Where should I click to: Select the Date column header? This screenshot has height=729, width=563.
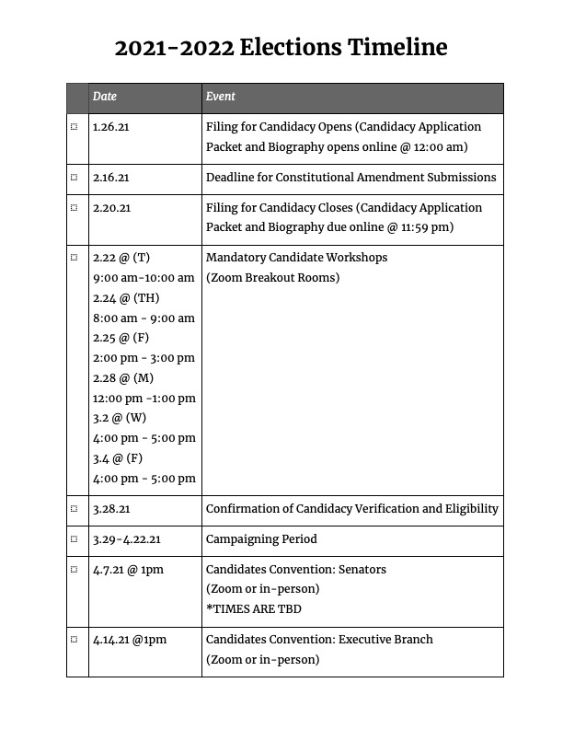tap(105, 97)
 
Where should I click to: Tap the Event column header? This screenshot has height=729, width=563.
tap(221, 97)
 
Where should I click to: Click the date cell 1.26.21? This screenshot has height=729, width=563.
tap(111, 127)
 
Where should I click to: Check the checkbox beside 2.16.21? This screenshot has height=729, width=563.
tap(75, 178)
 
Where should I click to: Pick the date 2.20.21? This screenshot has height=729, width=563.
tap(111, 207)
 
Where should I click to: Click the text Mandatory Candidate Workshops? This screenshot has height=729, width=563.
tap(296, 258)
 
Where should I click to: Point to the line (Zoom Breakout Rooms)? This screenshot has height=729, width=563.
tap(272, 278)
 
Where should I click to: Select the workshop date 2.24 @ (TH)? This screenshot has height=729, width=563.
tap(126, 298)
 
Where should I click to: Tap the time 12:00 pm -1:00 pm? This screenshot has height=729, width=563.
tap(144, 399)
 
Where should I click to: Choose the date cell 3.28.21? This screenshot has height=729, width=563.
tap(111, 509)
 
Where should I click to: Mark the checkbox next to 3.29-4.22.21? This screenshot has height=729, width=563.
tap(75, 539)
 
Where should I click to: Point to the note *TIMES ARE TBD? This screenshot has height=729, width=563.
tap(253, 609)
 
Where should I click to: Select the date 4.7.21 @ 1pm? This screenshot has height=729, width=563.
tap(128, 570)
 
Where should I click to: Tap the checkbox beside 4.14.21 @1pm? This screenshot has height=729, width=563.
tap(75, 640)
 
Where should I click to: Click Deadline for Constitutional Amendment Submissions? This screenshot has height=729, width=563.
tap(350, 178)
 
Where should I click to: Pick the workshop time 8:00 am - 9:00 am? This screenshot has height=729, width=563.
tap(144, 318)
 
